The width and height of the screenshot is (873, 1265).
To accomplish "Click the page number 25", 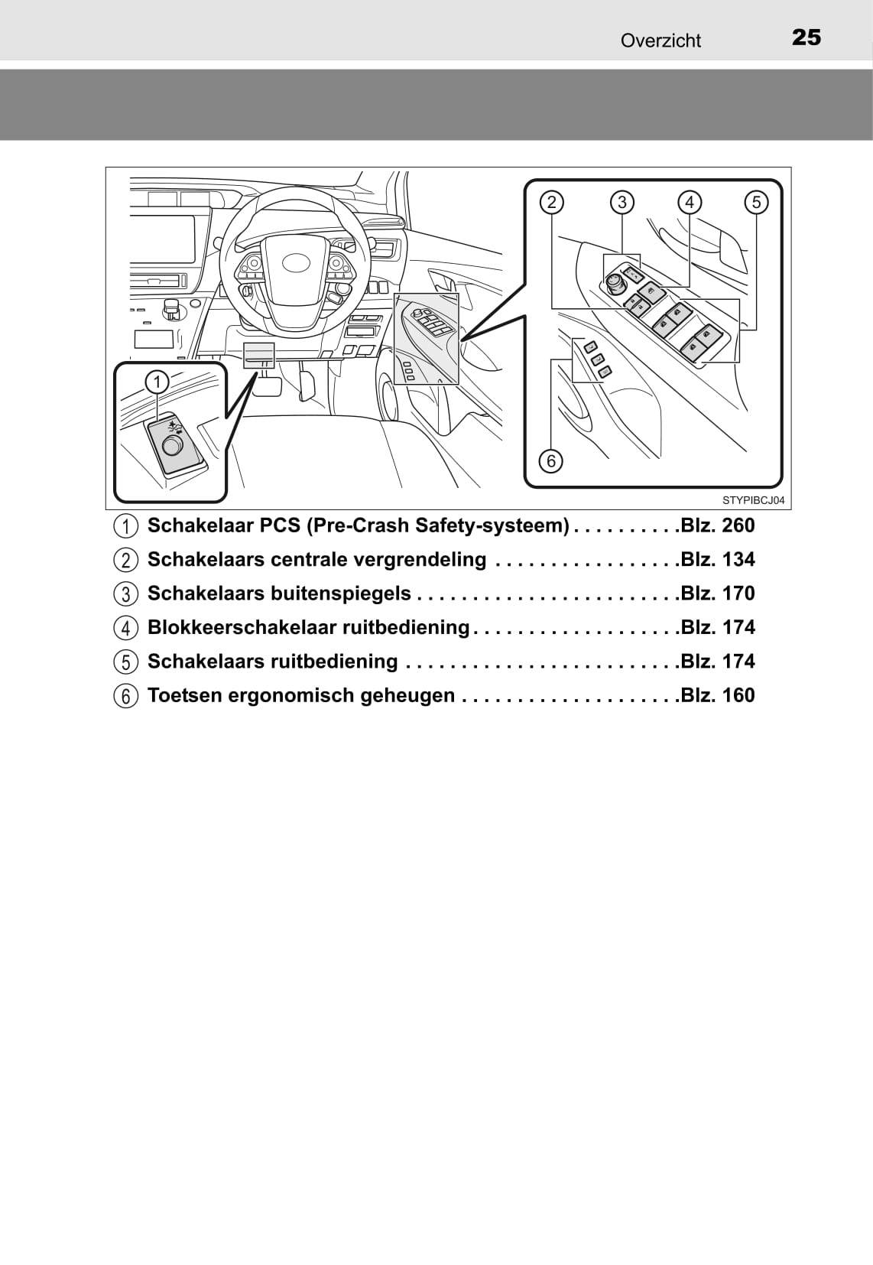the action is point(806,37).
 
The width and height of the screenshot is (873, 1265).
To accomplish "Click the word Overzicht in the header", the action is point(660,41).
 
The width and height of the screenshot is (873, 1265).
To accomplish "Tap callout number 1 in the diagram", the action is point(157,382).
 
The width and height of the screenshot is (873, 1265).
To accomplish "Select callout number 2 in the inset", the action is point(551,202).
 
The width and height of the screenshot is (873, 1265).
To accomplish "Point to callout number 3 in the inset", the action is point(621,202).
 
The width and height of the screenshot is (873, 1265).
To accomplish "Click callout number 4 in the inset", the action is point(690,202).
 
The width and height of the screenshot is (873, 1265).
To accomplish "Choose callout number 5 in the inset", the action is point(757,202).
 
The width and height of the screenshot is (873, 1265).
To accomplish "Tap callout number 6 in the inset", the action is point(550,461).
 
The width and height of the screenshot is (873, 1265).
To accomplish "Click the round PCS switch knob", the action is point(170,446).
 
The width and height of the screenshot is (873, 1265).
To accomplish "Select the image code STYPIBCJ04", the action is point(754,500).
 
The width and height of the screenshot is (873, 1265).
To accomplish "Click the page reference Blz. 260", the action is point(718,525).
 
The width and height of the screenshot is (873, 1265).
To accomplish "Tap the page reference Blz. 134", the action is point(718,560).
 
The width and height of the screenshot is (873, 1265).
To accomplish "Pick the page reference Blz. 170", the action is point(718,593).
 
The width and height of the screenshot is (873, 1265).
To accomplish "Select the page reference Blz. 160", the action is point(718,695).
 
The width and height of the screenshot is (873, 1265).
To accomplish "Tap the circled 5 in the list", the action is point(126,662).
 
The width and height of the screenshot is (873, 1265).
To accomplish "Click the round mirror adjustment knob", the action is point(613,281).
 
